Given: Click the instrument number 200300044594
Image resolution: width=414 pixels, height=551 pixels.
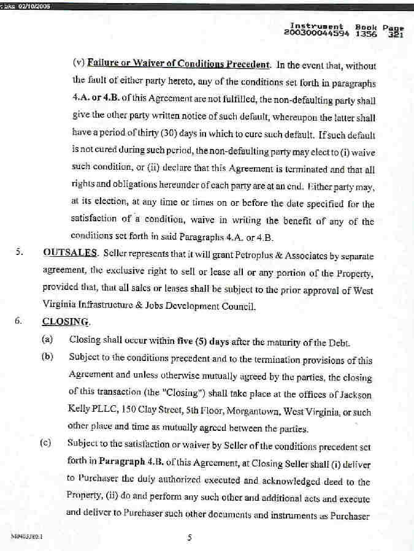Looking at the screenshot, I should (x=316, y=33).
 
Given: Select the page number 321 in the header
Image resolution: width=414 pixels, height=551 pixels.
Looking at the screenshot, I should (x=394, y=34).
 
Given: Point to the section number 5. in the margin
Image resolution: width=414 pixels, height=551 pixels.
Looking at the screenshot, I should (x=19, y=253).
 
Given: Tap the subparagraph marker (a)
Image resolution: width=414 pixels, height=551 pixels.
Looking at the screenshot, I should (x=47, y=339).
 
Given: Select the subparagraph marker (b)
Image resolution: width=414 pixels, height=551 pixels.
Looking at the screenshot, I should (x=47, y=357).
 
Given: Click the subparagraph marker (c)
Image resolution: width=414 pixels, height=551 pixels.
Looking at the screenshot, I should (x=46, y=443).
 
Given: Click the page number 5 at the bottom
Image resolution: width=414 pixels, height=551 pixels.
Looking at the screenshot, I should (x=190, y=538).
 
